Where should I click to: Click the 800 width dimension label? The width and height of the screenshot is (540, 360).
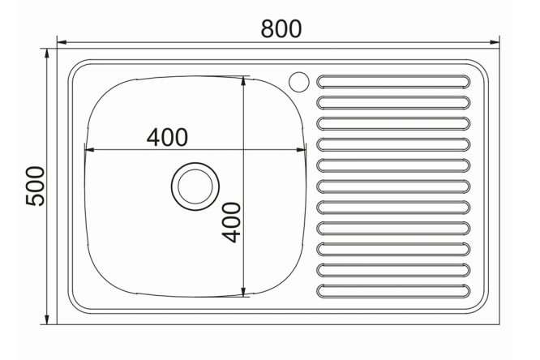point(281,28)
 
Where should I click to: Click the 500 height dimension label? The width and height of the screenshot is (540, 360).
point(36,186)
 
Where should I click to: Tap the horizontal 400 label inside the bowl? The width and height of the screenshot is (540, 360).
point(167,137)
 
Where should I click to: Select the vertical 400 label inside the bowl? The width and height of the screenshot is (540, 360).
point(231,222)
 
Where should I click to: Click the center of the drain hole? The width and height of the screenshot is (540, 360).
point(195,186)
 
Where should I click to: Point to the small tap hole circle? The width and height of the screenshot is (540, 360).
point(299,82)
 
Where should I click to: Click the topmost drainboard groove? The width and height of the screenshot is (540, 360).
point(393,82)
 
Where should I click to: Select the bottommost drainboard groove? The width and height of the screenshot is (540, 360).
point(393,291)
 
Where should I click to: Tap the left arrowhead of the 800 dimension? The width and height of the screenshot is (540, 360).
point(62,42)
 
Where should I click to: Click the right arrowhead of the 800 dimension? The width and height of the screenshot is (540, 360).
point(495,42)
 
